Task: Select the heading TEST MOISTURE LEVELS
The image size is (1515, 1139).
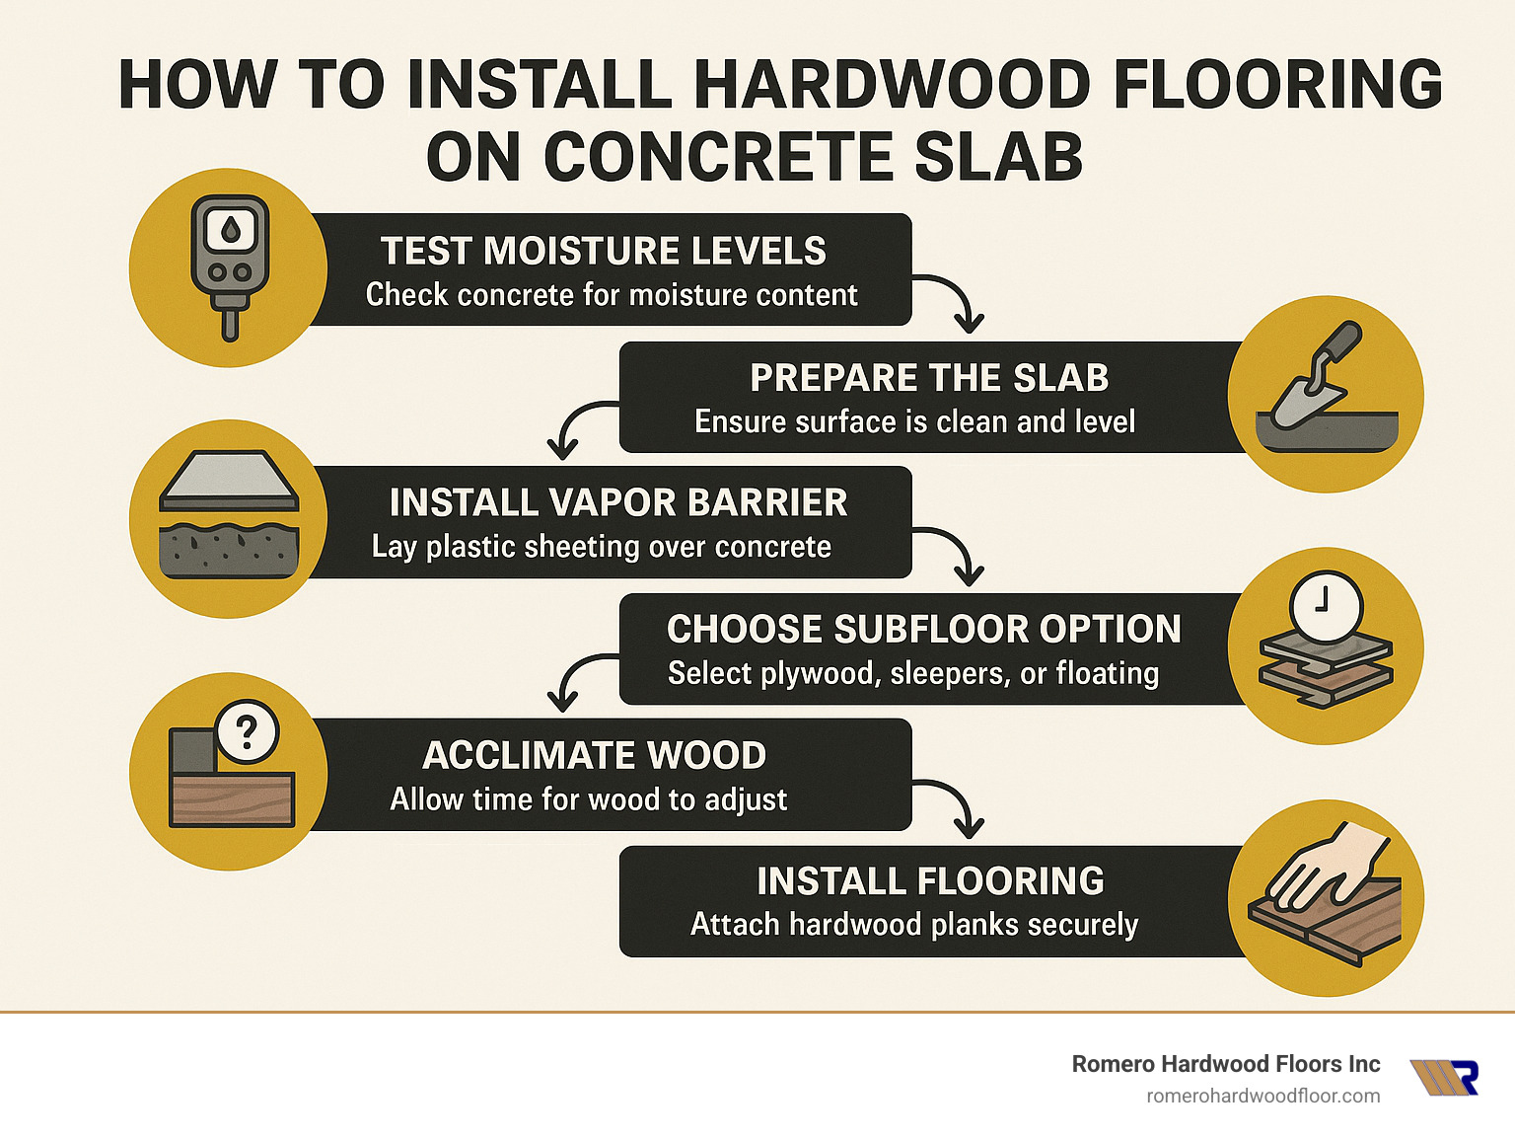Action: tap(604, 251)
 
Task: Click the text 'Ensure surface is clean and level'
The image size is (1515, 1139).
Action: tap(914, 422)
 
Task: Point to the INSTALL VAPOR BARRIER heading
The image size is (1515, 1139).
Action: tap(618, 502)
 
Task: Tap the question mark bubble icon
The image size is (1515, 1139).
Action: tap(248, 731)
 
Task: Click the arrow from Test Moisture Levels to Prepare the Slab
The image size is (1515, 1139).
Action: tap(955, 302)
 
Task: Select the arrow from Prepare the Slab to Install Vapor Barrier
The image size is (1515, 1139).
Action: tap(577, 424)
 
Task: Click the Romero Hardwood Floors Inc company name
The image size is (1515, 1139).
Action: tap(1225, 1064)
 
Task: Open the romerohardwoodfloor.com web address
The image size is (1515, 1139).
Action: tap(1262, 1096)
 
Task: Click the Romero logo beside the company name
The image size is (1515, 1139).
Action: tap(1444, 1078)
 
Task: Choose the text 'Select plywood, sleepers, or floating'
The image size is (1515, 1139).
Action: tap(913, 674)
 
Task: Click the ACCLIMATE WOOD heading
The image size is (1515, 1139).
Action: tap(594, 755)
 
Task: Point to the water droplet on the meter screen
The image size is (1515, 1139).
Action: tap(231, 231)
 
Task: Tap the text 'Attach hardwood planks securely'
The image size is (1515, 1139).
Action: tap(913, 925)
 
